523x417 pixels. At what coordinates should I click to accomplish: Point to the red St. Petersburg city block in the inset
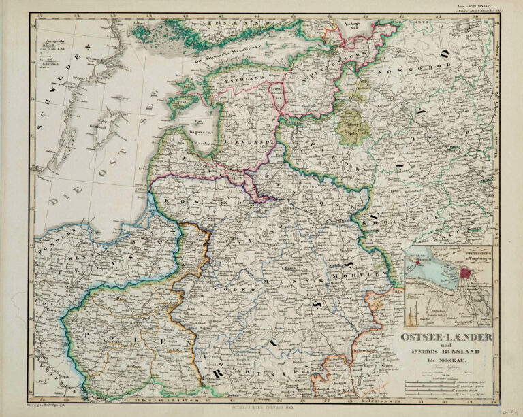465,273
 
